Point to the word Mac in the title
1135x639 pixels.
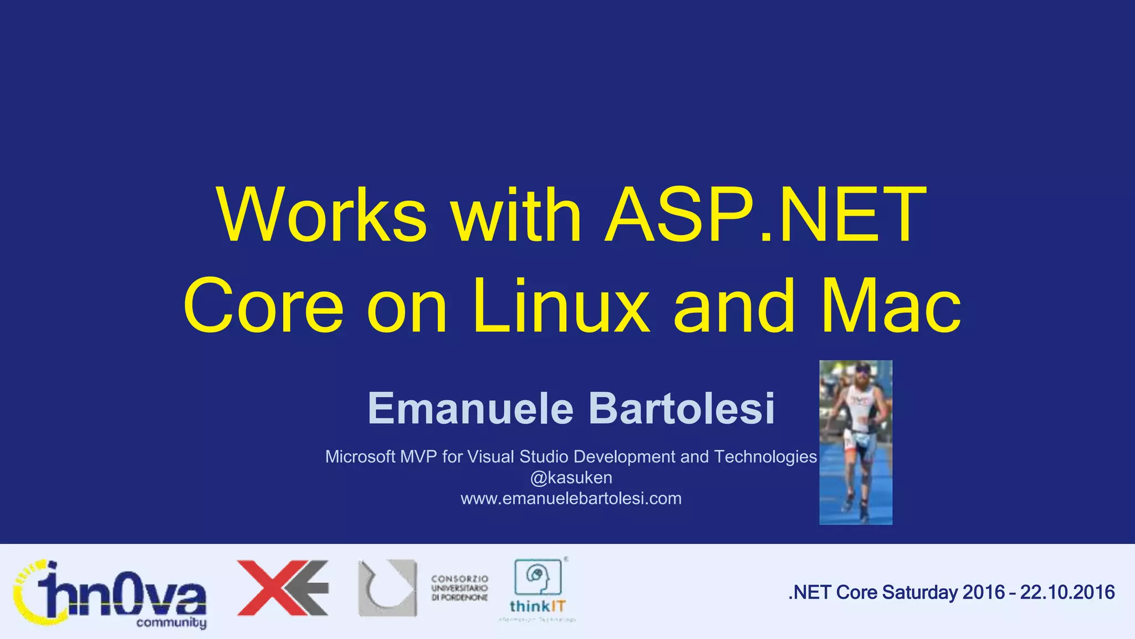click(x=891, y=306)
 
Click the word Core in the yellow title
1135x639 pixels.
click(x=264, y=306)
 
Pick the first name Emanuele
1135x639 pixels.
click(x=471, y=408)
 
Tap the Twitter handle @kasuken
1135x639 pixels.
click(x=571, y=478)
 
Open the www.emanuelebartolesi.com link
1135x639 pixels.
click(x=571, y=499)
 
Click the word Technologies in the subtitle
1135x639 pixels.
click(x=765, y=457)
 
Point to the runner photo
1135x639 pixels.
click(x=856, y=442)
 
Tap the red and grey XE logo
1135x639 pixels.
click(x=283, y=588)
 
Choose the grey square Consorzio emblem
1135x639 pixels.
click(x=387, y=588)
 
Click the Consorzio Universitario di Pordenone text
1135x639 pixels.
click(x=459, y=588)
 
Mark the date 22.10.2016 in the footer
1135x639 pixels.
click(x=1067, y=592)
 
